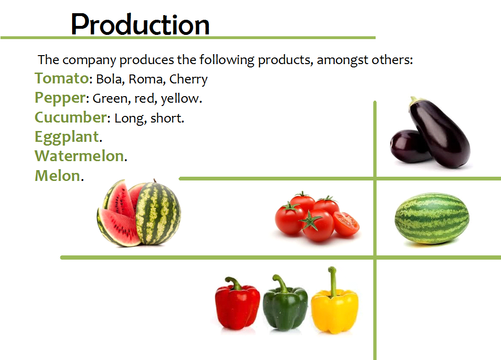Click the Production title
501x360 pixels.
click(x=140, y=25)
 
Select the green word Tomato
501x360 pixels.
click(x=62, y=78)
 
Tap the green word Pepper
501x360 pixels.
click(x=60, y=98)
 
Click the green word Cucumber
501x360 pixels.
click(x=71, y=117)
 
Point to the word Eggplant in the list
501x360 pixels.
click(x=67, y=137)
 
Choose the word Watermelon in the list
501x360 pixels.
click(x=79, y=156)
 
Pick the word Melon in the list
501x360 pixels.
click(x=57, y=176)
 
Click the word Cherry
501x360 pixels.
click(x=189, y=80)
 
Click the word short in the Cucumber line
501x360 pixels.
click(x=166, y=118)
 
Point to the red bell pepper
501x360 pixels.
click(x=238, y=303)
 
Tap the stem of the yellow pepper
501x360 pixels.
click(x=333, y=280)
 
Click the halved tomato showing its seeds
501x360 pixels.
click(x=346, y=224)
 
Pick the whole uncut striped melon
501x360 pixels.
click(x=432, y=219)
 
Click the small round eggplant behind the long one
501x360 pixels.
click(x=407, y=146)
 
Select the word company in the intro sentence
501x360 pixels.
click(x=89, y=60)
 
